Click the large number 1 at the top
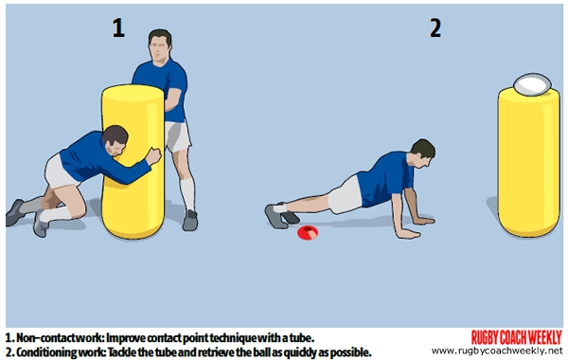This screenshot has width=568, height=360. pos(118,27)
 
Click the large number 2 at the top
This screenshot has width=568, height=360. pos(435,27)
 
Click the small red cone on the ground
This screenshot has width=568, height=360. pos(308,231)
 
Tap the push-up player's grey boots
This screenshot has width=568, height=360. pos(277,215)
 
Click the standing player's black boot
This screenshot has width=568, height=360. pos(190,221)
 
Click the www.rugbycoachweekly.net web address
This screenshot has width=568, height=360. pos(503,351)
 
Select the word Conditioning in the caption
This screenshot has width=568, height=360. pos(47,351)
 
